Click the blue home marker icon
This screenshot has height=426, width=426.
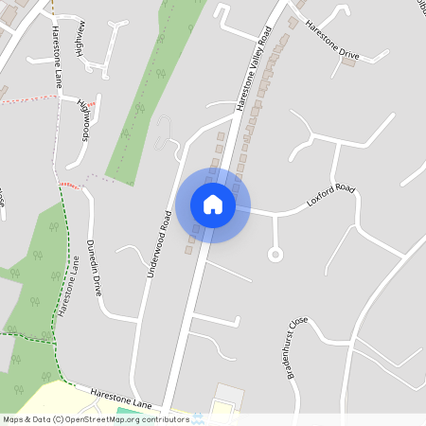[x=213, y=204]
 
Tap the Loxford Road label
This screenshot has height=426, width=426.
[x=330, y=196]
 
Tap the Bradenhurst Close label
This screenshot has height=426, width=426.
[x=294, y=347]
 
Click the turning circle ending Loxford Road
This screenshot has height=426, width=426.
[x=275, y=254]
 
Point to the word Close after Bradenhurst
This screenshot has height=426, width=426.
[x=301, y=327]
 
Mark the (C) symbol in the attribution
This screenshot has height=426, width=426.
[x=58, y=418]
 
